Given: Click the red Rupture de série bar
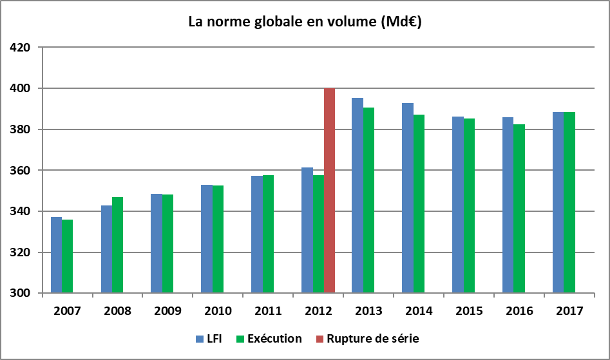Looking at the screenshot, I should pyautogui.click(x=329, y=191).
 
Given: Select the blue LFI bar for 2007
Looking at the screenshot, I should pyautogui.click(x=56, y=255).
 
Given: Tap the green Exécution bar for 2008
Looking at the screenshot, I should pyautogui.click(x=117, y=245).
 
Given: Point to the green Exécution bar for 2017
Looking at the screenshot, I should pyautogui.click(x=570, y=203).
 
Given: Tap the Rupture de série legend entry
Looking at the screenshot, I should pyautogui.click(x=367, y=338).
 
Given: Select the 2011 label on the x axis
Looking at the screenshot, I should pyautogui.click(x=268, y=310).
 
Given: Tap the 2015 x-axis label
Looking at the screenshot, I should pyautogui.click(x=469, y=310).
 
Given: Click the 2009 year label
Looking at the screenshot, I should pyautogui.click(x=167, y=310).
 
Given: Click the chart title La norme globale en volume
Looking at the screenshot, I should pyautogui.click(x=305, y=22).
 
